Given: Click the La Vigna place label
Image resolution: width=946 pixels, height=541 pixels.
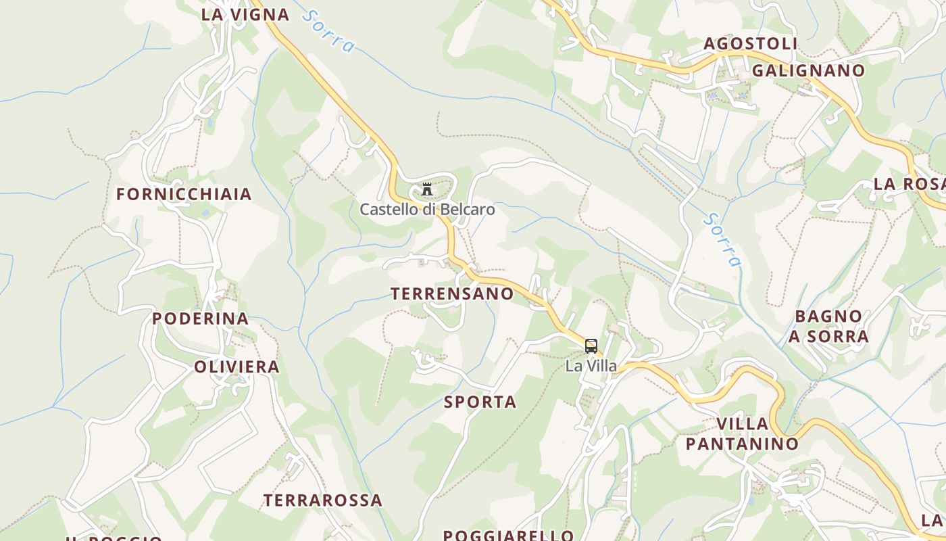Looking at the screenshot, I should (245, 14).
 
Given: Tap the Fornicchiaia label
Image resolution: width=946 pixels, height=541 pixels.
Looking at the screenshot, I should (184, 194).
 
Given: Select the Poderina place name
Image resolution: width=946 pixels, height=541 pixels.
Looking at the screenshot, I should (200, 319).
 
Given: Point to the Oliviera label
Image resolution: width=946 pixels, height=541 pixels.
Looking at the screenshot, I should (236, 367).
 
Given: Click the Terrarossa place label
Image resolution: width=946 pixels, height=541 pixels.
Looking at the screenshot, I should (322, 500).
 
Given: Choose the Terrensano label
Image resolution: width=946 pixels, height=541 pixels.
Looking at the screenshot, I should (452, 293).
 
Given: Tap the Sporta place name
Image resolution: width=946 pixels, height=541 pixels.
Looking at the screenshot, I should (480, 402).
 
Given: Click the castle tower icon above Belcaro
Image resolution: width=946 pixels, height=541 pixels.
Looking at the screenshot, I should (427, 189).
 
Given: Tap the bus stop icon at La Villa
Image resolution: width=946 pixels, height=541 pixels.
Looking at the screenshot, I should (591, 346).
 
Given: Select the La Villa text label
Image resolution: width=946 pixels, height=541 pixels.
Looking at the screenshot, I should (591, 366).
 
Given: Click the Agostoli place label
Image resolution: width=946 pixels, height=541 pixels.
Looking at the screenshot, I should (751, 43).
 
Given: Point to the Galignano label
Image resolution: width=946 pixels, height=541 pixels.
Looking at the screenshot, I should (808, 70).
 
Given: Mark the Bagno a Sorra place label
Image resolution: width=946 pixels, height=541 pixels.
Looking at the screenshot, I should (828, 326).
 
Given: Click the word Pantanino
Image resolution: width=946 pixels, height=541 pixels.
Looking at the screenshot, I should (742, 444).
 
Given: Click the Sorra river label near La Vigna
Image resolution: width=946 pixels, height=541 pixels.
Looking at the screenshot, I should (329, 30).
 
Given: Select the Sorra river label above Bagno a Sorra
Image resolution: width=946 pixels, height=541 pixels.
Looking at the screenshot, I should (722, 239).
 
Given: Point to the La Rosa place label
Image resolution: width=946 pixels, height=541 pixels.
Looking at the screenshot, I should (909, 184).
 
